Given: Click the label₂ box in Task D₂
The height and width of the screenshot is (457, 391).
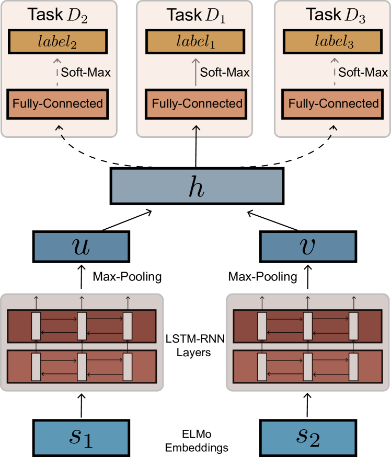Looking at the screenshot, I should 57,41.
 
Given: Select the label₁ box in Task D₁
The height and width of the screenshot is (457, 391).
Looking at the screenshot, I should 196,41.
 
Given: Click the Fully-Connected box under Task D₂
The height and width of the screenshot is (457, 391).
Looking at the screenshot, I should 57,103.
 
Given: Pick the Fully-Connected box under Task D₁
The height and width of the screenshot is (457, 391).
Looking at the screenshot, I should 197,103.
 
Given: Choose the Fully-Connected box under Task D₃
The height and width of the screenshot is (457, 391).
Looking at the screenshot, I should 333,103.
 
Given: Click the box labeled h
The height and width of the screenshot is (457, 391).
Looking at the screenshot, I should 197,186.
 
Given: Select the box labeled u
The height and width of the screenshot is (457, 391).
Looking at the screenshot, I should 81,247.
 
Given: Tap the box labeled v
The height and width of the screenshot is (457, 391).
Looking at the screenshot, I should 308,247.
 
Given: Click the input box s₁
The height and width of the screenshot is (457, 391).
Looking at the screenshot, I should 81,438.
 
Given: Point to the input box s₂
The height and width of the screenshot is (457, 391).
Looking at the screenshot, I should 308,438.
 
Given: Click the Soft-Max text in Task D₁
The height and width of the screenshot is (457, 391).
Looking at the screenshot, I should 225,72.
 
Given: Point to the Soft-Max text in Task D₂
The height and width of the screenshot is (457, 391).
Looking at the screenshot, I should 86,72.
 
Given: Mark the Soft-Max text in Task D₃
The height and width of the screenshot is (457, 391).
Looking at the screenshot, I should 363,72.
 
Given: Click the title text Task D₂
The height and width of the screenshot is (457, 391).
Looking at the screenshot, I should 57,15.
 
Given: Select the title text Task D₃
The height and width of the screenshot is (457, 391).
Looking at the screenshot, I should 335,15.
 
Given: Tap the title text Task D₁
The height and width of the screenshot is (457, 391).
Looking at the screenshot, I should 196,15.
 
